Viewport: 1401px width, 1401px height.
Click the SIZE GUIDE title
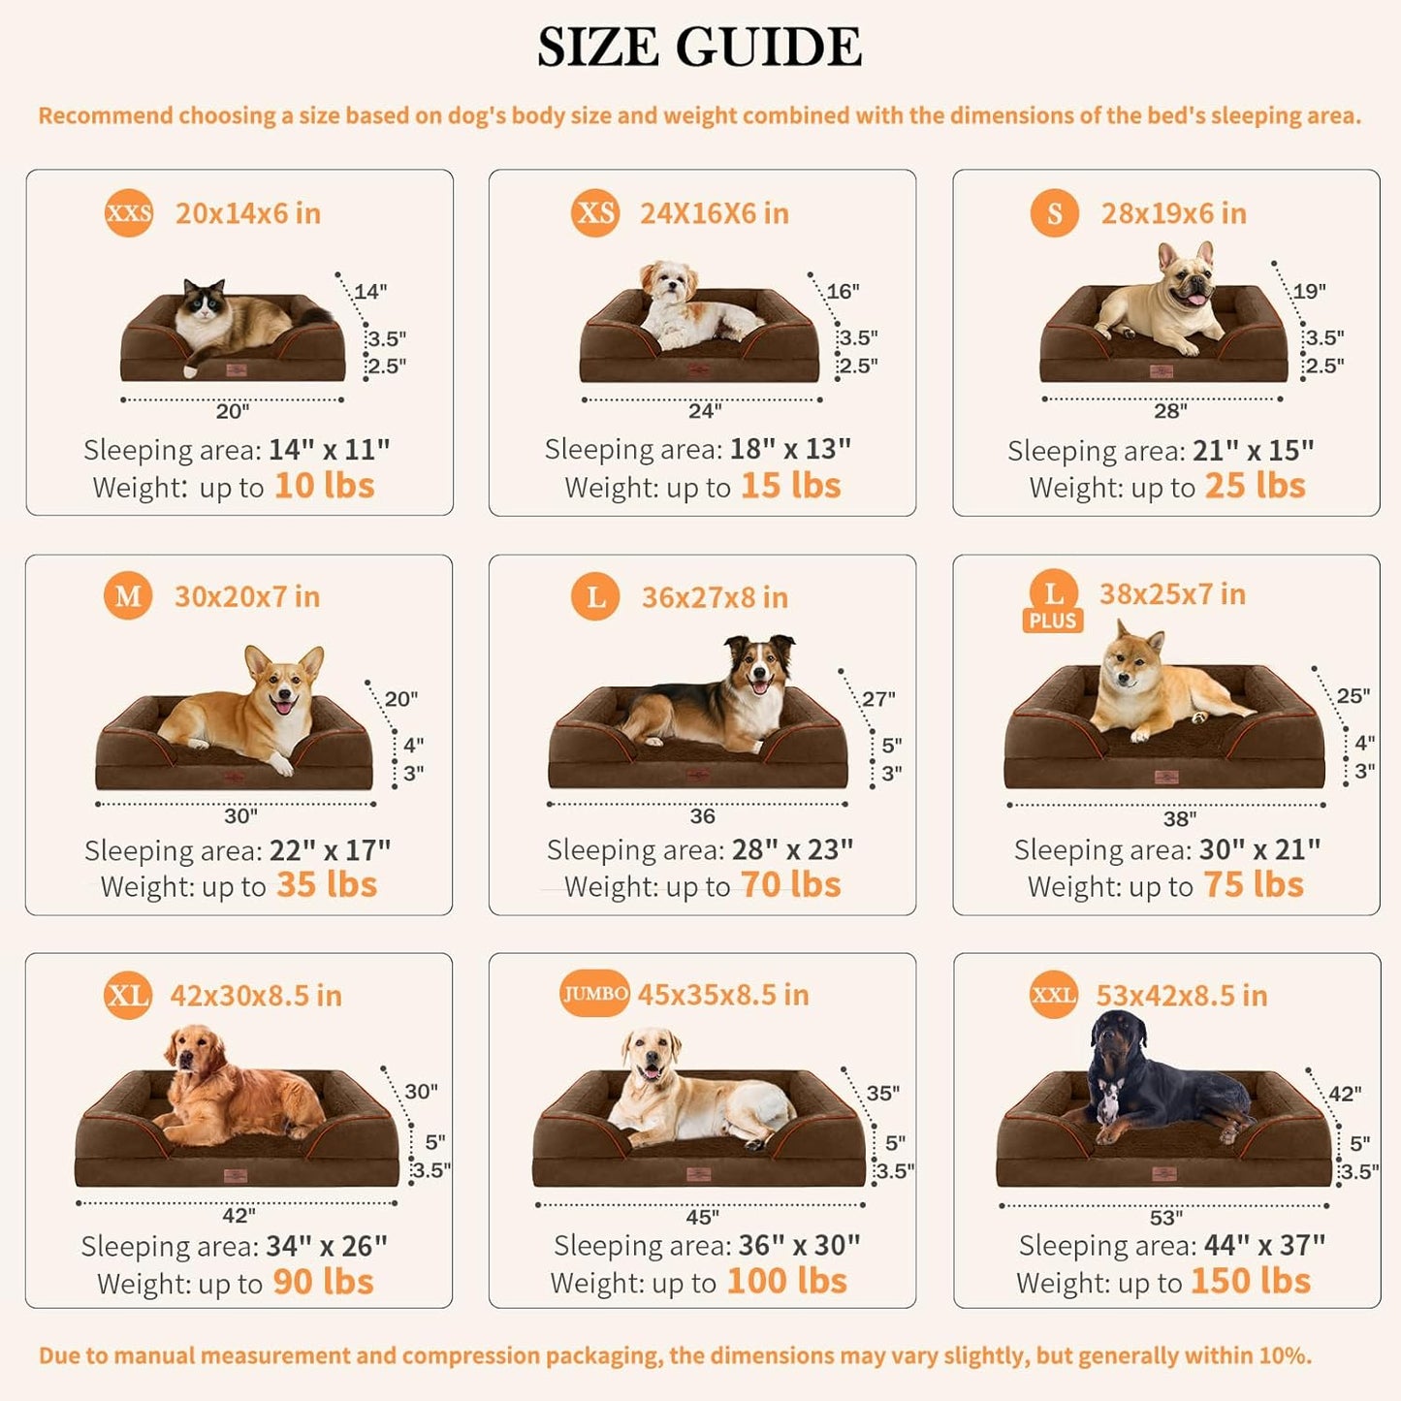(x=699, y=48)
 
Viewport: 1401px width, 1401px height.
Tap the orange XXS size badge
(x=129, y=213)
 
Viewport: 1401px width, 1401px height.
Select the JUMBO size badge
(x=594, y=994)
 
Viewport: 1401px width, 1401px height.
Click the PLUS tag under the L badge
(x=1053, y=621)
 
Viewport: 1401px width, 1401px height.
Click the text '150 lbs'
(x=1250, y=1282)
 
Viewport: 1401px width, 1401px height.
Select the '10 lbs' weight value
(x=324, y=486)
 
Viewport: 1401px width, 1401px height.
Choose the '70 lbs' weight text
(x=790, y=885)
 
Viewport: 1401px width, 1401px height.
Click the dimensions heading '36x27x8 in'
(x=715, y=597)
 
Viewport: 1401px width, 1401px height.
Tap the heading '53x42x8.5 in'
(x=1181, y=996)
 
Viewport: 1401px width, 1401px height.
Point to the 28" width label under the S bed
(x=1170, y=411)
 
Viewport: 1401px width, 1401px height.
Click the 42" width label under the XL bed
(x=239, y=1216)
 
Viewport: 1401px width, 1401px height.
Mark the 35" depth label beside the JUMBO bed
(x=882, y=1094)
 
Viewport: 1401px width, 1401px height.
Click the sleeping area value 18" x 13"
(x=790, y=449)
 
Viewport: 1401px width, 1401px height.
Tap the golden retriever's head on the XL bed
(x=194, y=1053)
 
